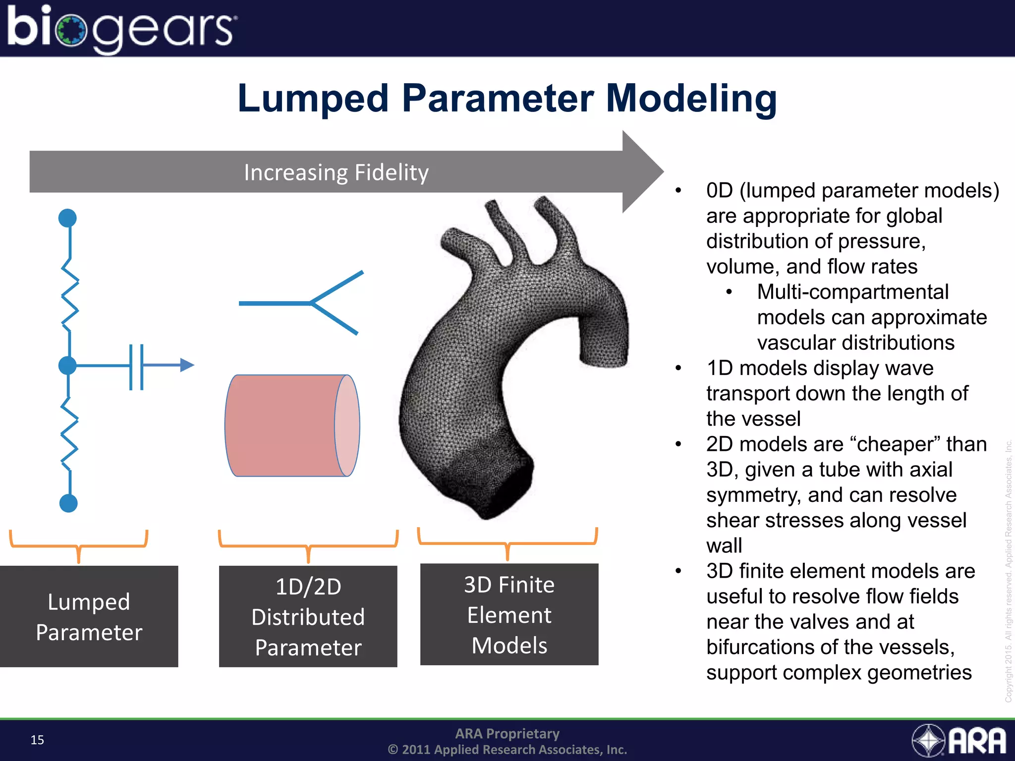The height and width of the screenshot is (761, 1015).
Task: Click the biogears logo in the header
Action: pyautogui.click(x=121, y=28)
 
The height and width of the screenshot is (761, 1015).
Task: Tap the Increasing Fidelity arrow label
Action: pyautogui.click(x=336, y=172)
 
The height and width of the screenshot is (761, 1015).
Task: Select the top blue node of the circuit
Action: pyautogui.click(x=67, y=218)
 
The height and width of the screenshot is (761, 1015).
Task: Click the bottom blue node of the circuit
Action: pyautogui.click(x=68, y=503)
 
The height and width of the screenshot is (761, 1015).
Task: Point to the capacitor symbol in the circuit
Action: pyautogui.click(x=136, y=367)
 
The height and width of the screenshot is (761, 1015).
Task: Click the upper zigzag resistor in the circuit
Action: pyautogui.click(x=70, y=294)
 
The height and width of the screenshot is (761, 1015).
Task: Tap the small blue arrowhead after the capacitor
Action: pyautogui.click(x=187, y=365)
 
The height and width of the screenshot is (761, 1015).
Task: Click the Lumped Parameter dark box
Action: pyautogui.click(x=89, y=616)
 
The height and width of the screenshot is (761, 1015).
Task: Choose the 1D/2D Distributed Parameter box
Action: pyautogui.click(x=308, y=616)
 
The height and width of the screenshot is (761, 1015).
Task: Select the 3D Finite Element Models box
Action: pyautogui.click(x=509, y=614)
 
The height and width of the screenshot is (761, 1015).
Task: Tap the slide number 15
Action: pyautogui.click(x=37, y=740)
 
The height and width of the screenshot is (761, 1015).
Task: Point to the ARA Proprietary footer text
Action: pyautogui.click(x=507, y=733)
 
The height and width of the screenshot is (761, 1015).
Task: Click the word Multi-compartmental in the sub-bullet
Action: pyautogui.click(x=852, y=292)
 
